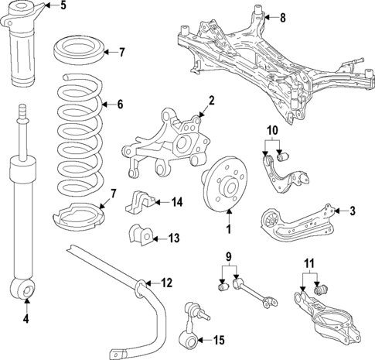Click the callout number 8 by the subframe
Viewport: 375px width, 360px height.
coord(283,17)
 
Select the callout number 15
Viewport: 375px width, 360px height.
coord(219,340)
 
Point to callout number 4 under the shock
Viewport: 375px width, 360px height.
coord(26,319)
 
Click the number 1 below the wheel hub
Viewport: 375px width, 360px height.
coord(228,229)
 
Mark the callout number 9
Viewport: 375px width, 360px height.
coord(229,256)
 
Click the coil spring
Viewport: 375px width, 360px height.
coord(80,139)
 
